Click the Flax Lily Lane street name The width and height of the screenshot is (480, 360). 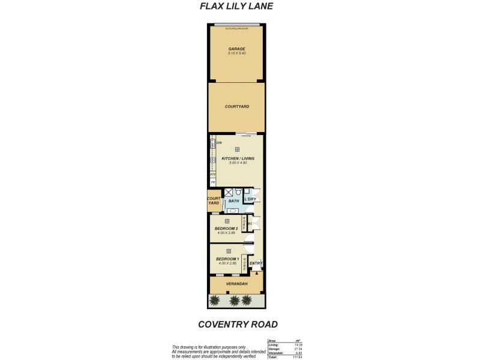pos(236,7)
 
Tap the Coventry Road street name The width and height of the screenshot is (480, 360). pos(238,325)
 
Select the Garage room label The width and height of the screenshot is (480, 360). pos(236,49)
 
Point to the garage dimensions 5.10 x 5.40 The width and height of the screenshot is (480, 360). pos(236,53)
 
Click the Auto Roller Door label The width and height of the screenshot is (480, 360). pos(236,28)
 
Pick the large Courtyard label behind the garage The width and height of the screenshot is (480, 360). pos(236,106)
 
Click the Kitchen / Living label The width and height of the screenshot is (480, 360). pos(238,158)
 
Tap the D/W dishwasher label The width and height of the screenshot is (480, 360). pos(219,142)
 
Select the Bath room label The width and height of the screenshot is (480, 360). pos(234,202)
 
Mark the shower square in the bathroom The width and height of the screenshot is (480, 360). pos(229,193)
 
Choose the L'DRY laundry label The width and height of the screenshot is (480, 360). pos(250,199)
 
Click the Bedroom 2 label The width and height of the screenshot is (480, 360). pos(227,229)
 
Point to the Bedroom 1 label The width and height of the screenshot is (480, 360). pos(228,259)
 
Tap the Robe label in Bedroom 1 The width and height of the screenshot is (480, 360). pos(245,262)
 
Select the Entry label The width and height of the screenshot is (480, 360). pos(256,263)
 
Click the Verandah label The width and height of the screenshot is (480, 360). pos(236,284)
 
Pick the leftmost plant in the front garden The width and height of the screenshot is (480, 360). pos(217,300)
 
